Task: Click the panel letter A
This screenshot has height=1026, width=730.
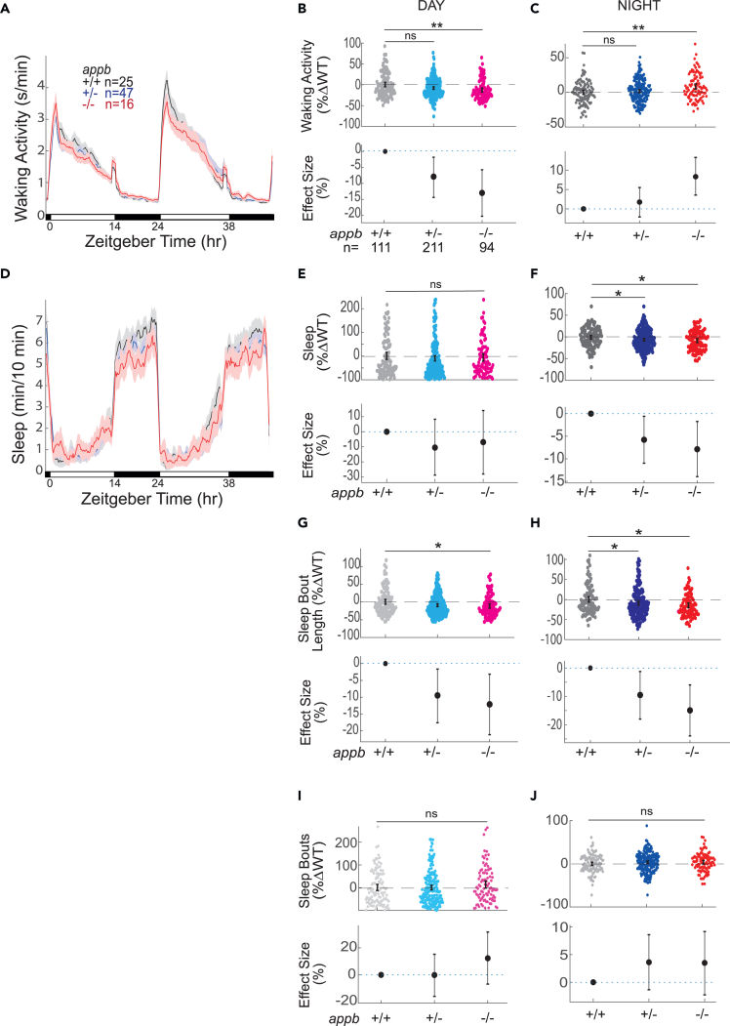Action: pos(7,7)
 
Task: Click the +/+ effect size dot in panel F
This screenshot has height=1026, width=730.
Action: pos(590,413)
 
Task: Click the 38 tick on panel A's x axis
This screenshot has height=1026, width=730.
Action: pos(227,225)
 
